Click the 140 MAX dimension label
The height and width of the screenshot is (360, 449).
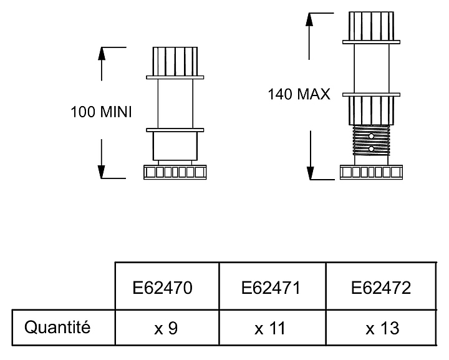(299, 95)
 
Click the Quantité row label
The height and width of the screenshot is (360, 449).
(57, 326)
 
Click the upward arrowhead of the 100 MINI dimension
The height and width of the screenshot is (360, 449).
(103, 54)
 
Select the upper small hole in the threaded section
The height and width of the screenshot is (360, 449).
(371, 136)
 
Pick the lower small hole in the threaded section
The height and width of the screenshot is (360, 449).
(371, 149)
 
